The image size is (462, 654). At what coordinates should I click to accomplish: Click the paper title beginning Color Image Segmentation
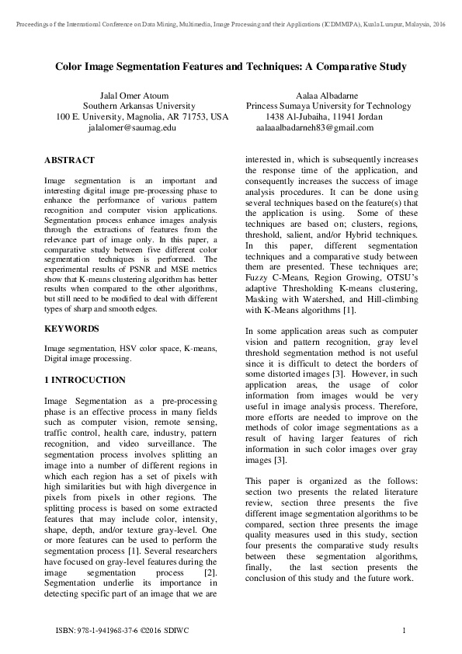pos(231,67)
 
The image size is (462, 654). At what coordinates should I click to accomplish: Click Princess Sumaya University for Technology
pos(328,106)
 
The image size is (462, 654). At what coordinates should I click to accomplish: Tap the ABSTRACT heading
pos(69,160)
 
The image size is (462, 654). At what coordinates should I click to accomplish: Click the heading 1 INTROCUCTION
pos(85,380)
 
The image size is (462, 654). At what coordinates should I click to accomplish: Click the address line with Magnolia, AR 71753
pos(143,117)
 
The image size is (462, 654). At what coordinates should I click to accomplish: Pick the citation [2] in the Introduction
pos(209,572)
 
